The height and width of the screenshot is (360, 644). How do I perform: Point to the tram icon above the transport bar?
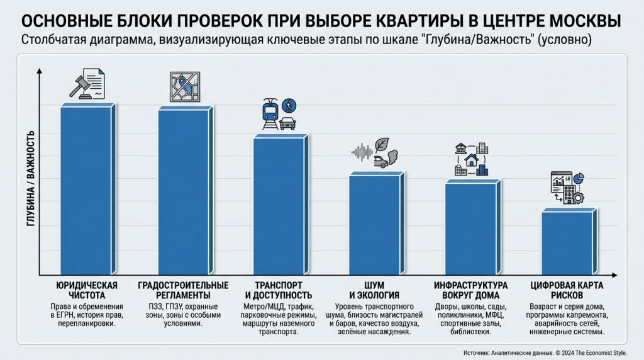click(271, 113)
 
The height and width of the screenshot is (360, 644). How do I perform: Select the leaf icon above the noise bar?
click(382, 145)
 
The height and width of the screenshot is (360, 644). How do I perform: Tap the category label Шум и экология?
click(374, 290)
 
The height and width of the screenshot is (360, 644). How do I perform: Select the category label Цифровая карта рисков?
click(567, 290)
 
